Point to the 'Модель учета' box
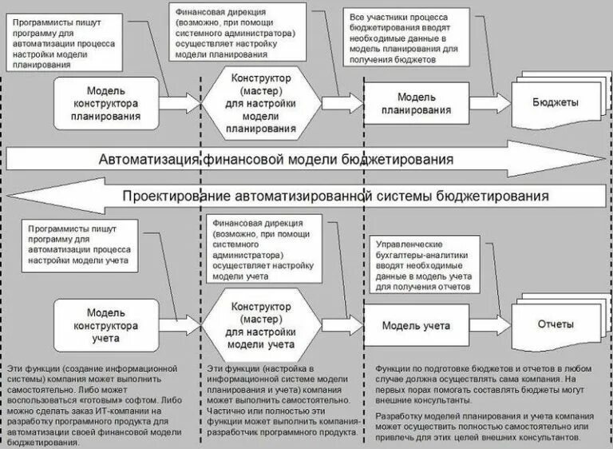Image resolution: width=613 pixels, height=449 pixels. pyautogui.click(x=416, y=326)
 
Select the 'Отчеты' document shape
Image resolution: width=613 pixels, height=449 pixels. pyautogui.click(x=553, y=326)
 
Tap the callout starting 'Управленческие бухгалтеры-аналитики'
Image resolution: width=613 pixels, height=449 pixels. pyautogui.click(x=423, y=264)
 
